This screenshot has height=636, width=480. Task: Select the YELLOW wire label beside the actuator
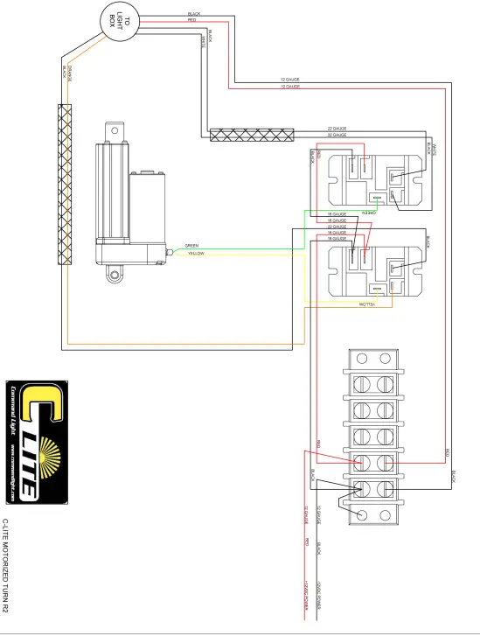point(195,253)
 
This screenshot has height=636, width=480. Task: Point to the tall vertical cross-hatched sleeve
point(64,184)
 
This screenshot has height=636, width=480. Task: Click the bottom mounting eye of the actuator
point(111,275)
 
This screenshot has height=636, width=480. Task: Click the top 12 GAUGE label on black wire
point(290,80)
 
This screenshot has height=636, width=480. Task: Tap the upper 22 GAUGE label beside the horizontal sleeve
point(337,129)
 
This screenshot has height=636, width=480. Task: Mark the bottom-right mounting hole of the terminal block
point(382,515)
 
